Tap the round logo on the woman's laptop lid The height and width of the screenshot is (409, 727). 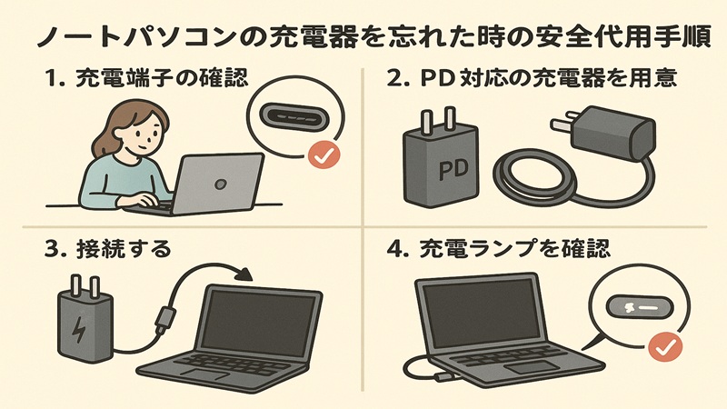219,182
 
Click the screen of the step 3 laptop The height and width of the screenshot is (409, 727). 258,322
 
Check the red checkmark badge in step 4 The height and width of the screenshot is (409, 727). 668,346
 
